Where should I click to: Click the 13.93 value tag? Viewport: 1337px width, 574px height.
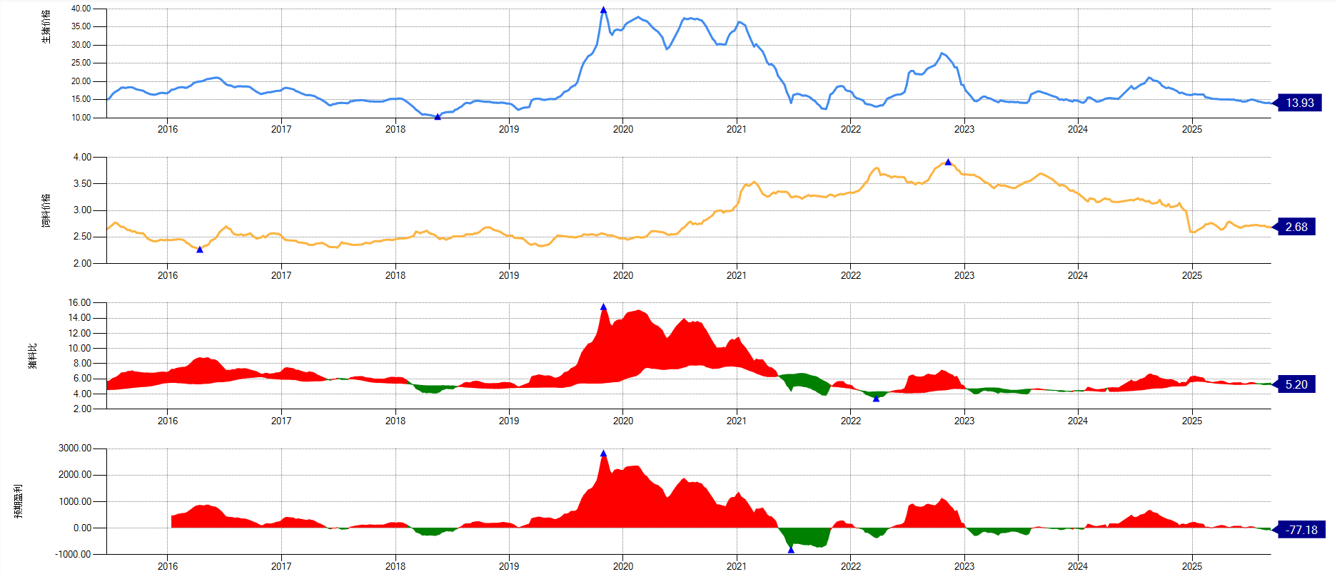1299,103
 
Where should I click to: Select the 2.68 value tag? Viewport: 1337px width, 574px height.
1296,227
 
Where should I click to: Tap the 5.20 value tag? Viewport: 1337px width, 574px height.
1296,384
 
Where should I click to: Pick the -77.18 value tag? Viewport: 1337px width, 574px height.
1301,530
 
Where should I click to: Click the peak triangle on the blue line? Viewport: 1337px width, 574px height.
603,10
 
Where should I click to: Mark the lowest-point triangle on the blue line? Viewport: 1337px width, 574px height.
438,117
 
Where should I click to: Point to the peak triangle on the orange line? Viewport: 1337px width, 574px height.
948,162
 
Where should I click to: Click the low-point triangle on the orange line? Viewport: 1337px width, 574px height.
200,250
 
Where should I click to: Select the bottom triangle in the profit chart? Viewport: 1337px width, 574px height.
791,550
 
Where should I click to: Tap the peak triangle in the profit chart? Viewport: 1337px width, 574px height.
603,453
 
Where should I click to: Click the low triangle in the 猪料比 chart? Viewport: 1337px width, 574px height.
876,399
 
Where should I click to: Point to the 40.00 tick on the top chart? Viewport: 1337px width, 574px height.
81,9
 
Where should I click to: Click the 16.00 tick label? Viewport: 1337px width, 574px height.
80,303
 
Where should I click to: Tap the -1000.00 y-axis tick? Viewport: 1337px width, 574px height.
74,554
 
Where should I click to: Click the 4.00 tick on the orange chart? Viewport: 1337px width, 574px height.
82,157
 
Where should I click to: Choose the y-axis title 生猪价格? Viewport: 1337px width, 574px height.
46,27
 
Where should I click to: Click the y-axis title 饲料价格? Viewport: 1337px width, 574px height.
46,210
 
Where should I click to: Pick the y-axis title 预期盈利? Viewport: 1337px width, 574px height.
18,501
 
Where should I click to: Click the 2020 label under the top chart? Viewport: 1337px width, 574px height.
622,129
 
